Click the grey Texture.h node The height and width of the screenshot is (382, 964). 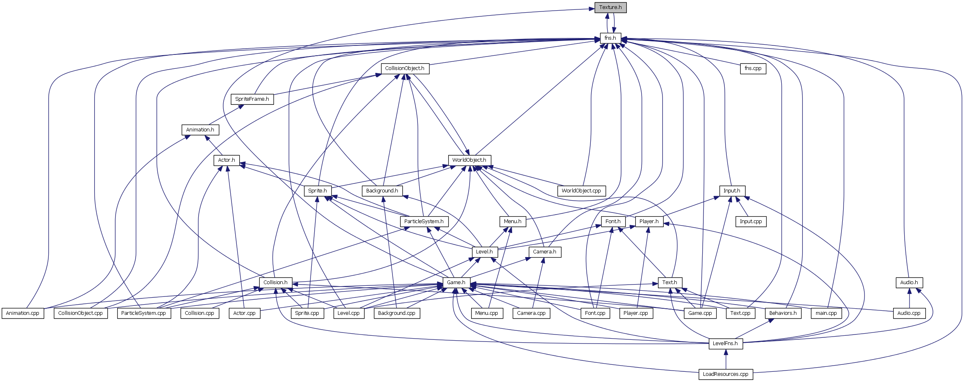coord(610,7)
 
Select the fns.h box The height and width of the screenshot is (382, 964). coord(610,38)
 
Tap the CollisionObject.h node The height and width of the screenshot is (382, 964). coord(405,68)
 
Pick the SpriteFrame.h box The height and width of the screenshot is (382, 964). coord(252,99)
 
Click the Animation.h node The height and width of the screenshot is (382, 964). coord(200,130)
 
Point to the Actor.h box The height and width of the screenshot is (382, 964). coord(227,160)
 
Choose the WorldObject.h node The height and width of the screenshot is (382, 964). coord(469,160)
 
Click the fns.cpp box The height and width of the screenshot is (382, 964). coord(753,68)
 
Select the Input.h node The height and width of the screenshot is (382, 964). coord(732,191)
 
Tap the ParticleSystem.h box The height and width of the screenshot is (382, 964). coord(424,222)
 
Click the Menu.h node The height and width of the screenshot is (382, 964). coord(513,222)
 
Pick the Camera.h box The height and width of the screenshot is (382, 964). coord(544,252)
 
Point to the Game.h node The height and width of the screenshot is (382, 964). coord(456,283)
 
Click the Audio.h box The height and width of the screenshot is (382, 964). coord(909,283)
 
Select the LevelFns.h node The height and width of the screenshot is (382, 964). coord(725,344)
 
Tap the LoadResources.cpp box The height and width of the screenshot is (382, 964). coord(726,374)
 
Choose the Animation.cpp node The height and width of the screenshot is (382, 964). coord(23,313)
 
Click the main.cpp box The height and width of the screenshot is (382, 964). coord(826,313)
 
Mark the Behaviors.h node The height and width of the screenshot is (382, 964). coord(783,313)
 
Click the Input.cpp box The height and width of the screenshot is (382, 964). coord(751,222)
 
